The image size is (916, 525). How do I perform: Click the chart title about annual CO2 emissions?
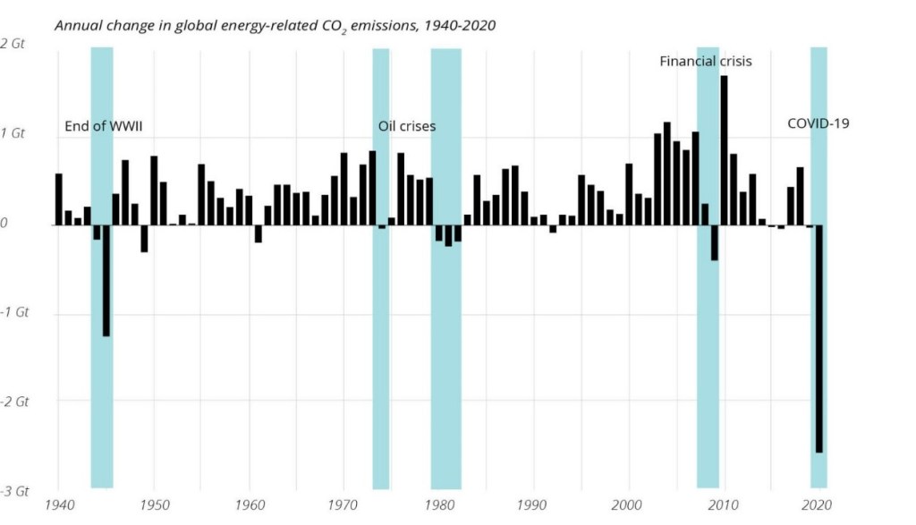point(275,25)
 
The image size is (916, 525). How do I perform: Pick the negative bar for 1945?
point(106,280)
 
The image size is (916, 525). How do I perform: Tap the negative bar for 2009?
point(715,242)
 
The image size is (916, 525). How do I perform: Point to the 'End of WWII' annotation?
point(104,126)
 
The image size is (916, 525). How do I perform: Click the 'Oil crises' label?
point(407,126)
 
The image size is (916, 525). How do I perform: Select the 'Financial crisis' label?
point(706,62)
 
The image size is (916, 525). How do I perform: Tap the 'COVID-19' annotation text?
point(818,123)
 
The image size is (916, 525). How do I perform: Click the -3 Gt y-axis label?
point(16,491)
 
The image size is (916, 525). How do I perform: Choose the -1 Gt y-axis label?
point(16,313)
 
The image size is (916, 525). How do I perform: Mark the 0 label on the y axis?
point(4,223)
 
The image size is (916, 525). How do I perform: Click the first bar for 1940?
point(59,199)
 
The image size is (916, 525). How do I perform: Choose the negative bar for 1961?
point(258,233)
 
